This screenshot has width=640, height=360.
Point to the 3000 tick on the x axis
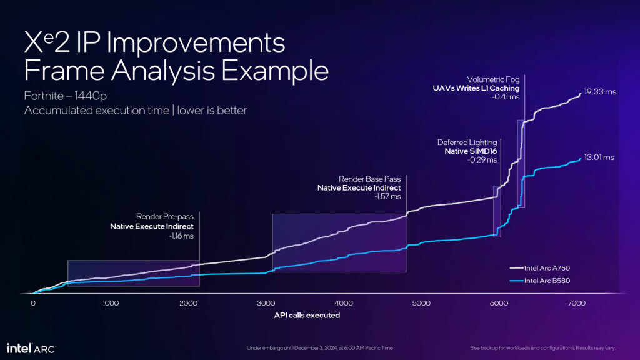tap(266, 304)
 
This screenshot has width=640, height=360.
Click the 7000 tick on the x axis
tap(576, 304)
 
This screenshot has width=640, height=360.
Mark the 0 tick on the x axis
tap(33, 304)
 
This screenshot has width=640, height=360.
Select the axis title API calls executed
tap(307, 315)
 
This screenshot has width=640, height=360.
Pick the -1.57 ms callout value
tap(387, 197)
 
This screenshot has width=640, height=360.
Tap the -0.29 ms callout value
tap(482, 161)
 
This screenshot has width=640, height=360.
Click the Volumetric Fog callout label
tap(493, 79)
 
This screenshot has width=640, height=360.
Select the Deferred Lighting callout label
tap(468, 142)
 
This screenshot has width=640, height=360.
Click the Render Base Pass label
tap(369, 179)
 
